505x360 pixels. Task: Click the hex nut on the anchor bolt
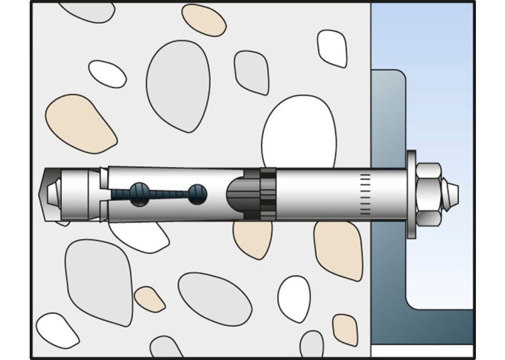click(x=429, y=194)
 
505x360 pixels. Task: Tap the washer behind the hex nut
click(x=412, y=194)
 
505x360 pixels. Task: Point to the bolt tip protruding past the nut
click(x=451, y=194)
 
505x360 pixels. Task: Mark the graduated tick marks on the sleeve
click(x=364, y=194)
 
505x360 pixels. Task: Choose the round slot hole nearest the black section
click(x=197, y=194)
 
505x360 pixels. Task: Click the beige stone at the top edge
click(x=203, y=19)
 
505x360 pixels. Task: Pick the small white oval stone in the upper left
click(x=107, y=73)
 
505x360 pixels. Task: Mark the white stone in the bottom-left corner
click(x=57, y=330)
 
